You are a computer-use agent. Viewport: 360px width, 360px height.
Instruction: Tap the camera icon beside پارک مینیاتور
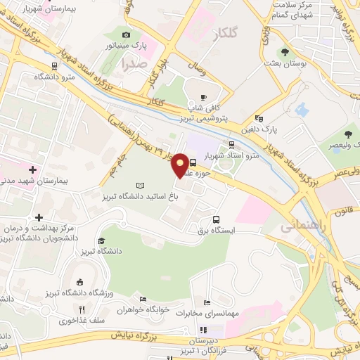click(126, 35)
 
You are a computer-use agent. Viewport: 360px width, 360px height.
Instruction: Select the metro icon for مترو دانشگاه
click(54, 66)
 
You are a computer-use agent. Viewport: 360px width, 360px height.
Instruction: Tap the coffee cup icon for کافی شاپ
click(203, 97)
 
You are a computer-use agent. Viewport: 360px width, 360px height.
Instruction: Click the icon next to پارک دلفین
click(259, 118)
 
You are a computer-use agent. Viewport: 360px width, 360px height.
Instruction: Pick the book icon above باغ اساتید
click(140, 185)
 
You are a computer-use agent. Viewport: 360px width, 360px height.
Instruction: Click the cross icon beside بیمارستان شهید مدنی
click(32, 169)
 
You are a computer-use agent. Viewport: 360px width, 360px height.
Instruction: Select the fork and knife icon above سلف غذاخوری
click(82, 309)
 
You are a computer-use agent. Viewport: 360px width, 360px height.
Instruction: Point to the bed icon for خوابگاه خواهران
click(143, 299)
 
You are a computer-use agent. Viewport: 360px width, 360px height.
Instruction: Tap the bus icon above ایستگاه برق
click(217, 219)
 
